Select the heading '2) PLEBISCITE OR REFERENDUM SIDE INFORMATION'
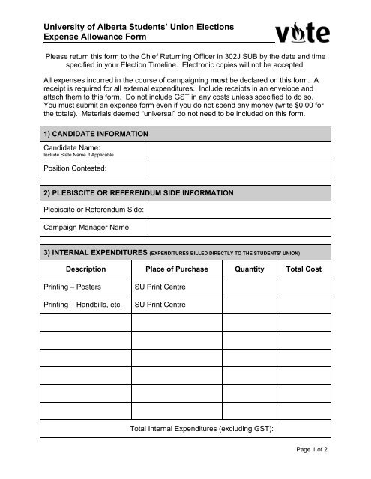(139, 193)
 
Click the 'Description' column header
(85, 269)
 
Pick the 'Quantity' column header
(249, 269)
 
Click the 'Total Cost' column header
(304, 269)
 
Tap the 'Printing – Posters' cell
(76, 287)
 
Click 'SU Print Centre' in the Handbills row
(160, 305)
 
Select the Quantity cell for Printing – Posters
(249, 287)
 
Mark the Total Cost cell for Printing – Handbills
(304, 305)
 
